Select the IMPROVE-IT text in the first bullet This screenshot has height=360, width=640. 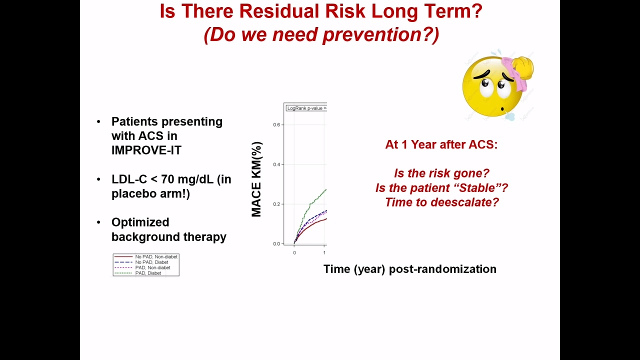(146, 150)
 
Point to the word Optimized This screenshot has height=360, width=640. (140, 222)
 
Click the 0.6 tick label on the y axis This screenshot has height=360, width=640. (276, 124)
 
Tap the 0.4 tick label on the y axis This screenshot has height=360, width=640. (276, 164)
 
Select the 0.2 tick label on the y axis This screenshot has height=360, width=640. (276, 204)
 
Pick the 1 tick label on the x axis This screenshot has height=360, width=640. (324, 253)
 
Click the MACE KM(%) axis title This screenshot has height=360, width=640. (256, 179)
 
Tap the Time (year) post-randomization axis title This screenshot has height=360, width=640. (410, 269)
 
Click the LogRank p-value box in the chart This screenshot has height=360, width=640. (306, 108)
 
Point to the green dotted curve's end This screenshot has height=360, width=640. (326, 189)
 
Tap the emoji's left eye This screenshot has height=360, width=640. (485, 83)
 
